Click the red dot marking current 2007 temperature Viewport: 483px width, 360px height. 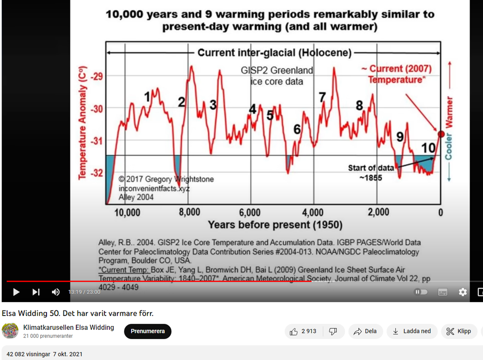pyautogui.click(x=441, y=134)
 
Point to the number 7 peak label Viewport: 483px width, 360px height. pyautogui.click(x=322, y=98)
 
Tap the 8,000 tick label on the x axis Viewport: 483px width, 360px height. pyautogui.click(x=189, y=212)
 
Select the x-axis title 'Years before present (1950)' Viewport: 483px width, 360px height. pyautogui.click(x=275, y=225)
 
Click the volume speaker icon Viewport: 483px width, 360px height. pyautogui.click(x=56, y=292)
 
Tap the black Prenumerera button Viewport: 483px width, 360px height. pyautogui.click(x=148, y=331)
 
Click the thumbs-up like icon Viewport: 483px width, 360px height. pyautogui.click(x=294, y=331)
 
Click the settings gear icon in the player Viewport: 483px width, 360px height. pyautogui.click(x=462, y=292)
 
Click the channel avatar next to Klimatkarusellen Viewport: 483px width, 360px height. pyautogui.click(x=10, y=331)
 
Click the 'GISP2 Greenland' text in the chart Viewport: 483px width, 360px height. pyautogui.click(x=277, y=71)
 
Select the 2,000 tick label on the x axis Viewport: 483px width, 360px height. pyautogui.click(x=378, y=212)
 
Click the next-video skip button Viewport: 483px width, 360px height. pyautogui.click(x=36, y=292)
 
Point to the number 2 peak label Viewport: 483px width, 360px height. pyautogui.click(x=181, y=102)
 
